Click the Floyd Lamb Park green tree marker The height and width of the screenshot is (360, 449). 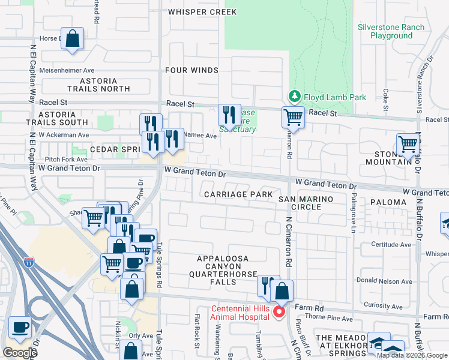click(294, 96)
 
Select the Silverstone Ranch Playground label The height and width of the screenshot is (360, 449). click(391, 31)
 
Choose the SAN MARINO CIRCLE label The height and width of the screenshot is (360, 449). click(303, 202)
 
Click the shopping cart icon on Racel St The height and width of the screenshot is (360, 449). click(293, 117)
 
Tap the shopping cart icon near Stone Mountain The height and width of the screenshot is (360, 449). click(408, 145)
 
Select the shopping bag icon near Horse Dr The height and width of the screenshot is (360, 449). click(72, 39)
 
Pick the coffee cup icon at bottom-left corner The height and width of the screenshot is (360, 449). click(20, 328)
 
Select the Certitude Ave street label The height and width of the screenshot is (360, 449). click(392, 244)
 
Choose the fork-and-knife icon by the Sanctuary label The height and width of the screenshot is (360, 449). click(229, 114)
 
